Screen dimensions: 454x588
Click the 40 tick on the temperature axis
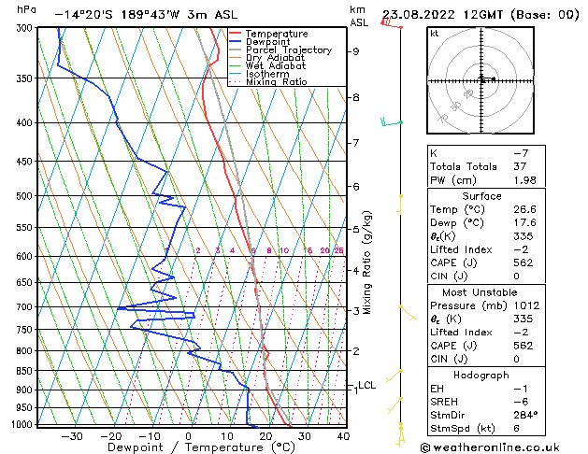point(343,436)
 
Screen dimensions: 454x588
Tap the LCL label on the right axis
point(366,385)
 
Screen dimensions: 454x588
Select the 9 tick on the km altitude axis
point(355,51)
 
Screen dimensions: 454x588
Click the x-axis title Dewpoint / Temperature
point(188,448)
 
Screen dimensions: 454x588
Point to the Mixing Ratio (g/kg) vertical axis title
point(367,262)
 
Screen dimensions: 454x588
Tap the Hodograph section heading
point(482,375)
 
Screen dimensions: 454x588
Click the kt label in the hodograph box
point(434,33)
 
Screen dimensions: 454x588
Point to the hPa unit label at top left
point(27,8)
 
